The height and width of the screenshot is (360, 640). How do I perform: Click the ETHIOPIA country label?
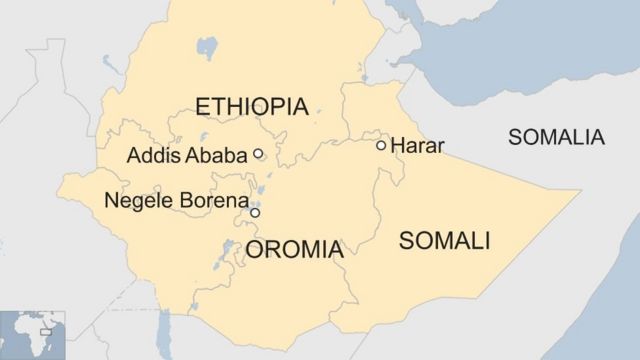tap(251, 107)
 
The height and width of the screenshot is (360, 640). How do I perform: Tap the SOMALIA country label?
tap(556, 137)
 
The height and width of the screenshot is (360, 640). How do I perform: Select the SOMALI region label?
tap(444, 240)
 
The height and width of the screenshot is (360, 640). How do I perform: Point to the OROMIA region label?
tap(294, 250)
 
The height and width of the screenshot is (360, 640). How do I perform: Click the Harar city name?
tap(417, 146)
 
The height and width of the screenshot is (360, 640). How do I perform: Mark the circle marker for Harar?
tap(381, 145)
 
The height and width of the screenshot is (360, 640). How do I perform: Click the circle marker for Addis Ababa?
tap(258, 154)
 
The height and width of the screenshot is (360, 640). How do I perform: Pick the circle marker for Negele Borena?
tap(255, 212)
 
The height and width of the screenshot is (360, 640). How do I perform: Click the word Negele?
tap(137, 201)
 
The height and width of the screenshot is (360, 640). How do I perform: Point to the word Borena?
tap(210, 201)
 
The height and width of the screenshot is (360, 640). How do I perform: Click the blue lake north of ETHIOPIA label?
tap(207, 48)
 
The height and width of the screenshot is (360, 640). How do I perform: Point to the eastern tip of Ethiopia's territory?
tap(578, 190)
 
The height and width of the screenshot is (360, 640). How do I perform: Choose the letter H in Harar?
tap(397, 146)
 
